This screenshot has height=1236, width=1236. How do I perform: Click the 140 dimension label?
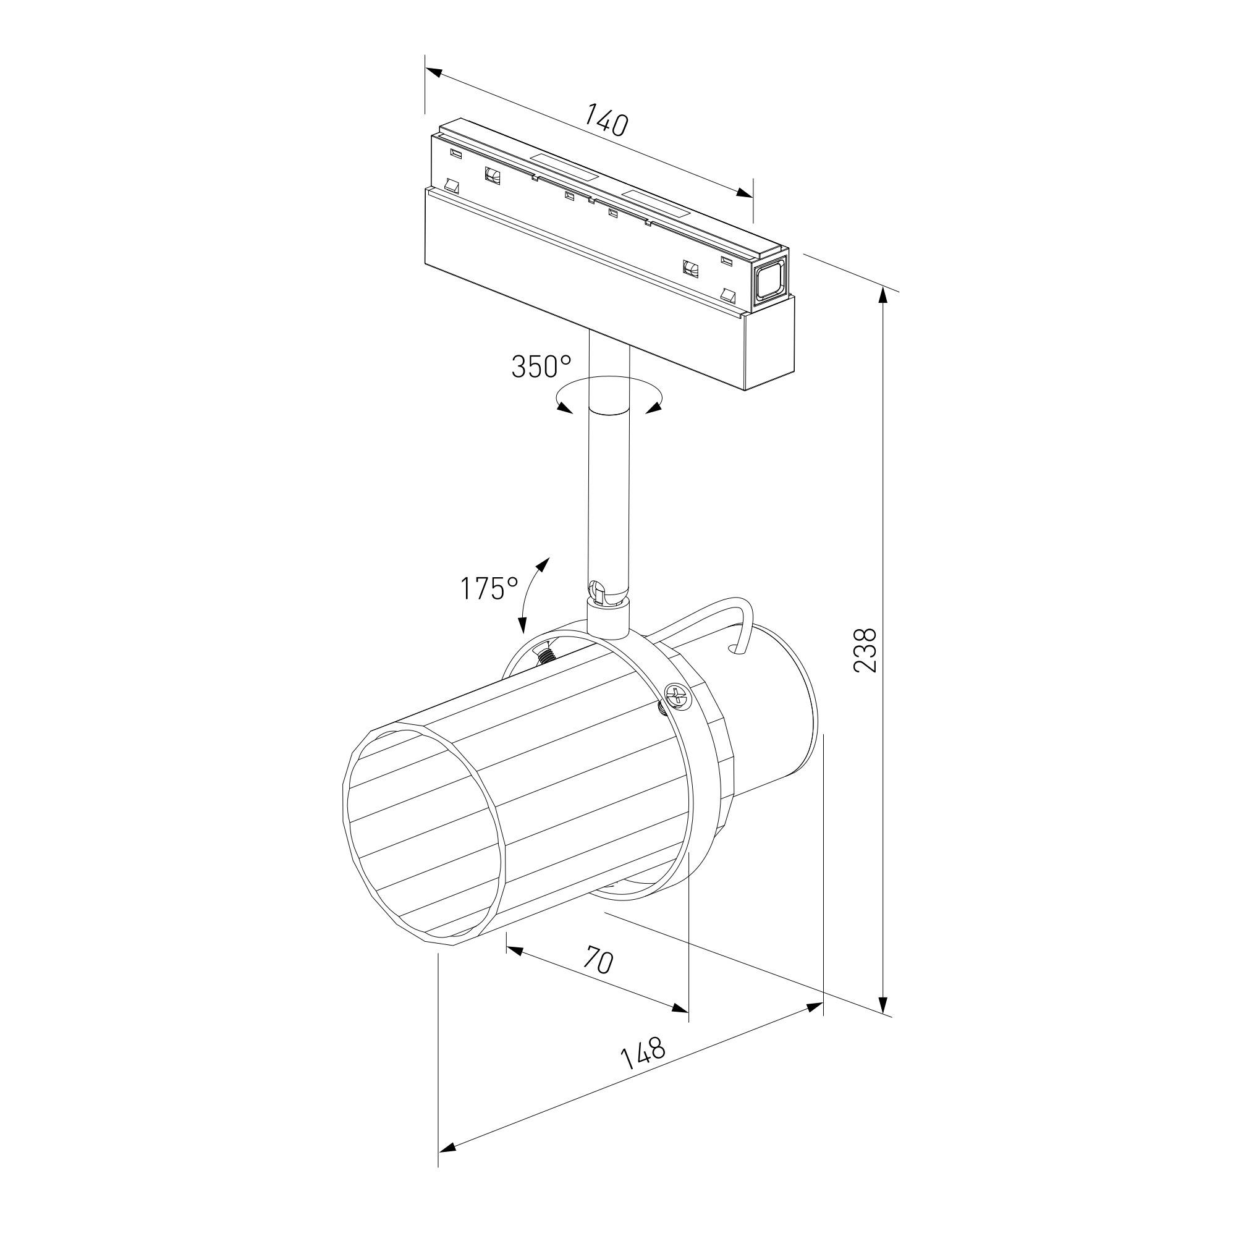click(605, 125)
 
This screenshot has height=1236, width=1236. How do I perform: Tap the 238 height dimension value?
click(865, 650)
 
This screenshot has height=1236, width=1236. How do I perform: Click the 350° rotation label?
click(541, 366)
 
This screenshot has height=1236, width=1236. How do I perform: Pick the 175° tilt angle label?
click(490, 588)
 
